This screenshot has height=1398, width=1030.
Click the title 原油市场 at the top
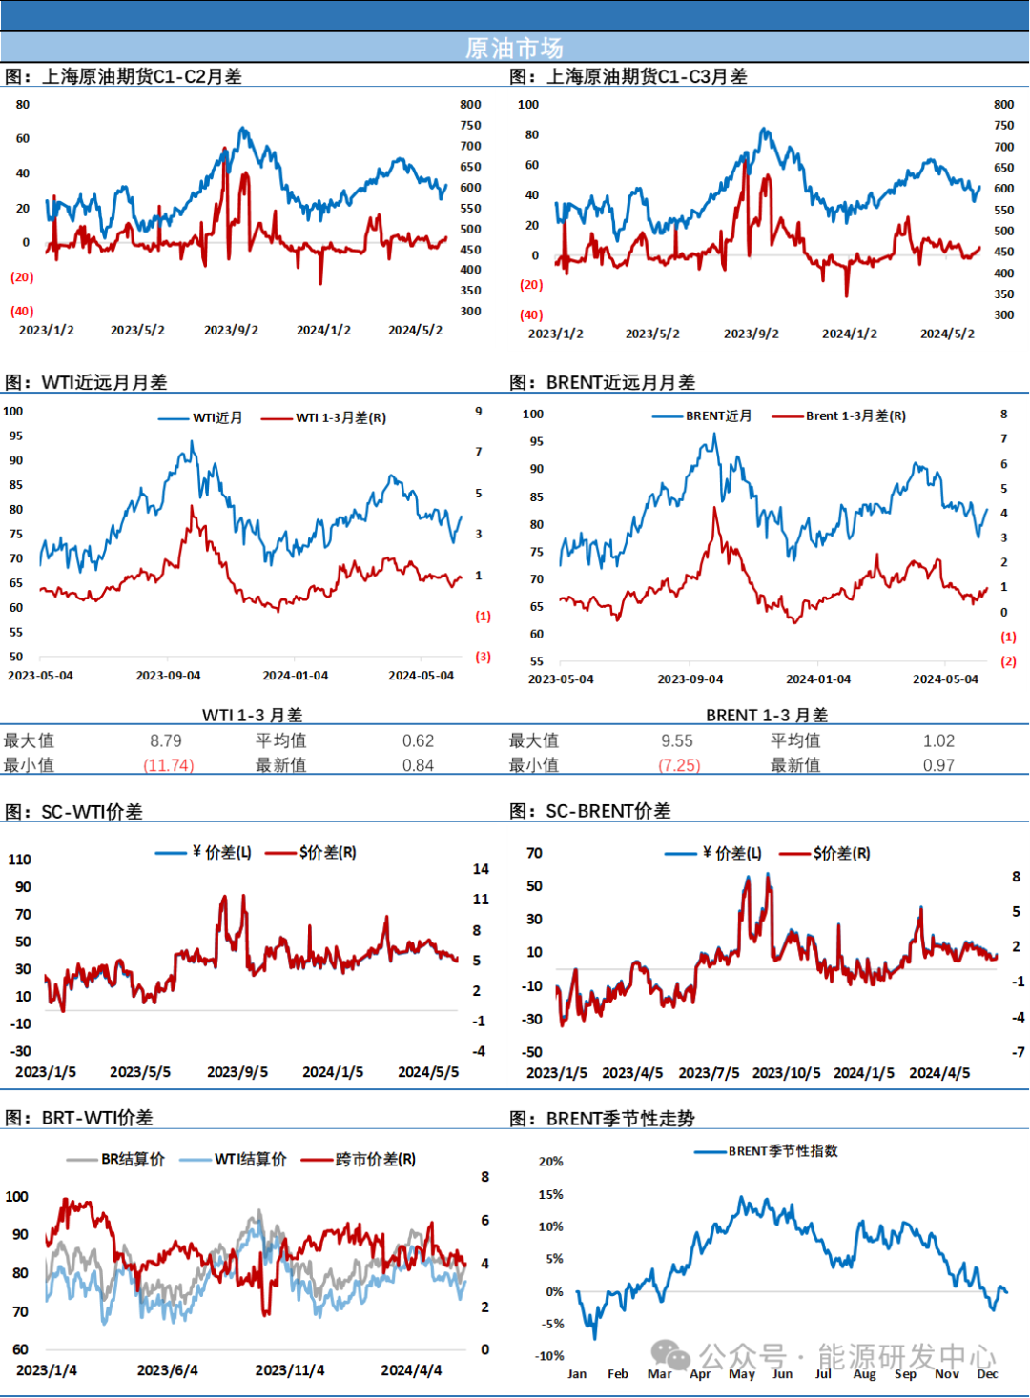tap(514, 48)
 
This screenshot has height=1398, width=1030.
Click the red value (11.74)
tap(169, 765)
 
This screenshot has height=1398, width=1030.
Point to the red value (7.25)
tap(680, 765)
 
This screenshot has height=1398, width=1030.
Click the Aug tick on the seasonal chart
tap(864, 1373)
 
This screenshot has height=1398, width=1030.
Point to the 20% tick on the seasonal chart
tap(550, 1161)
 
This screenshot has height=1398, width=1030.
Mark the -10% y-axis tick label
tap(550, 1355)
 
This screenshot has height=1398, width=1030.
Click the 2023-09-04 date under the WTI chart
tap(168, 676)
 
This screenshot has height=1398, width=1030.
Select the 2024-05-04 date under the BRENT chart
tap(945, 679)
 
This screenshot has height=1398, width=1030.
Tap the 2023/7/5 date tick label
tap(709, 1073)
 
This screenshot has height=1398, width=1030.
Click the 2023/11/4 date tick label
tap(290, 1370)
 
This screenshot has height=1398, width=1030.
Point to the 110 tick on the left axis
tap(19, 860)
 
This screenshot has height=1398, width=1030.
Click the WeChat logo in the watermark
tap(670, 1355)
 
